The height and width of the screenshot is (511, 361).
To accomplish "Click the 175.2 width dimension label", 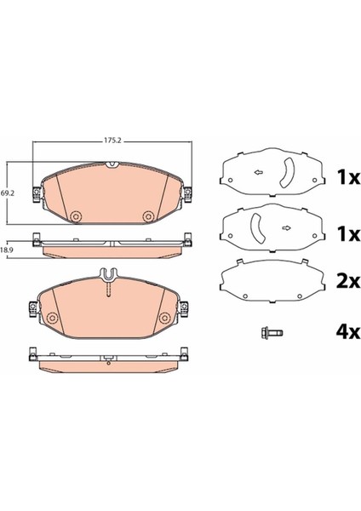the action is pos(112,141).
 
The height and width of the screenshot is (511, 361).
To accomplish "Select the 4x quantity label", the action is pos(347,332).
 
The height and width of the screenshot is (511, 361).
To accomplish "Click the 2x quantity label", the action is pos(347,280).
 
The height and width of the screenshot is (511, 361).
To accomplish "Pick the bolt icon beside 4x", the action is pos(272,333).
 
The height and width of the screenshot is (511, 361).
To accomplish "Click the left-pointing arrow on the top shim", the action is pos(259,172).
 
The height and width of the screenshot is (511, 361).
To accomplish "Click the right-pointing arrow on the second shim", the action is pos(287,227).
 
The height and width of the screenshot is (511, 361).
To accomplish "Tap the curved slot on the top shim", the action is pos(288,173).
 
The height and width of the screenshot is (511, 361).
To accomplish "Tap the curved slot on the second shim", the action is pos(257,228).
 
